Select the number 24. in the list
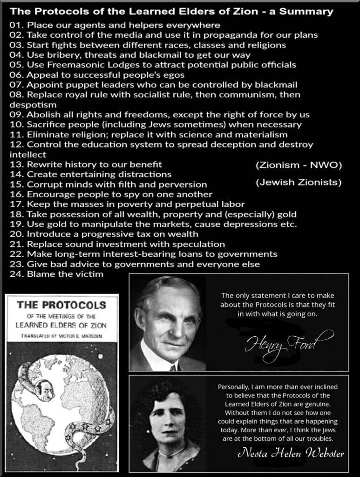click(x=17, y=274)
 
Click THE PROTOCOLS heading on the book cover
click(x=61, y=306)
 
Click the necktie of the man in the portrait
click(x=173, y=368)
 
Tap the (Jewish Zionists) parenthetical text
click(x=299, y=182)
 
